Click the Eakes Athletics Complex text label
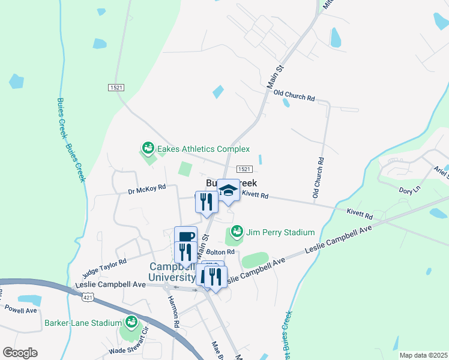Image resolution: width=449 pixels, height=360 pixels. tap(203, 149)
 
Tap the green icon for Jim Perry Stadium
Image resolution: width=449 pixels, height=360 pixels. tap(237, 232)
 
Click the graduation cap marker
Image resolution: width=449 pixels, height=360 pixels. tap(228, 190)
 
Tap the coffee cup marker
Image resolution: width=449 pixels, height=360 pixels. tap(185, 236)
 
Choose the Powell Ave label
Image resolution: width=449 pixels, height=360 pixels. tap(20, 310)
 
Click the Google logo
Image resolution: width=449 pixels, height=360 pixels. tap(20, 353)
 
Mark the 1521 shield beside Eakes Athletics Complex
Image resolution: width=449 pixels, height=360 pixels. tap(244, 170)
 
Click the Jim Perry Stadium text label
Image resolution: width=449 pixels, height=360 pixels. tap(280, 232)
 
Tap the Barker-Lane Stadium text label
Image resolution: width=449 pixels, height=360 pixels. tap(83, 323)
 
